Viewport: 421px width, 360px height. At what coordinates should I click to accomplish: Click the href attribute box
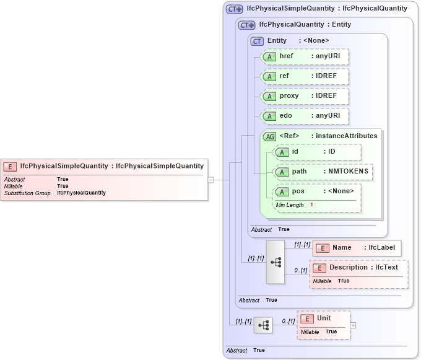point(304,57)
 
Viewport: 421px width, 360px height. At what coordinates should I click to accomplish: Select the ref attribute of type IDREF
point(304,76)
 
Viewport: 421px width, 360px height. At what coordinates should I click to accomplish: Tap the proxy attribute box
point(304,96)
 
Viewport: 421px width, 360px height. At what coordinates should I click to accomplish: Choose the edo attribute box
point(304,116)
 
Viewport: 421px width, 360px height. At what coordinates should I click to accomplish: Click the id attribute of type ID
point(317,152)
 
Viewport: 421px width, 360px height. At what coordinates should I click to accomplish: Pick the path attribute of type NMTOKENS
point(323,172)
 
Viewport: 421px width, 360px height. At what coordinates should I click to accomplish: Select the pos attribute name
point(298,191)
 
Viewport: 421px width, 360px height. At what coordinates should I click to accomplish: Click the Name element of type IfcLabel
point(357,248)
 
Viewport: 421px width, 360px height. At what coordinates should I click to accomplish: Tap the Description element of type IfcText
point(358,268)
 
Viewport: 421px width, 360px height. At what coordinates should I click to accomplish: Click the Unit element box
point(323,318)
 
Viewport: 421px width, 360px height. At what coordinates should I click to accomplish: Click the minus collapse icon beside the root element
point(210,180)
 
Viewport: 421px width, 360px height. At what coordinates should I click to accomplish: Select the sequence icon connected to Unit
point(263,325)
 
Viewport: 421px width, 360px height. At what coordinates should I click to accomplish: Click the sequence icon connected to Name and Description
point(276,262)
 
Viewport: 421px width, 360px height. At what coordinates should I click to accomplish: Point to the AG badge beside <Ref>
point(270,136)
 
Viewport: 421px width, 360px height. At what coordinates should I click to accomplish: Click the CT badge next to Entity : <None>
point(257,41)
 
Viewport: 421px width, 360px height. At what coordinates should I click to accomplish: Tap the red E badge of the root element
point(10,166)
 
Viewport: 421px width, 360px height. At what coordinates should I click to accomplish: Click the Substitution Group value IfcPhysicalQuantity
point(81,193)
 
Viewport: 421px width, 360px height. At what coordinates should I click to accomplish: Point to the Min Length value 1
point(311,205)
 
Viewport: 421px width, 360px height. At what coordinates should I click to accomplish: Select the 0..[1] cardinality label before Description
point(300,271)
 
